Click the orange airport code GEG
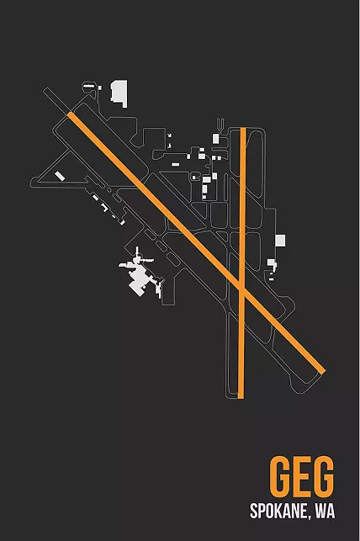point(302,475)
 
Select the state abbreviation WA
point(326,511)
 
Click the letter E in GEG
point(302,475)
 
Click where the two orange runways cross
point(241,288)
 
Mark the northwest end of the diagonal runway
point(70,114)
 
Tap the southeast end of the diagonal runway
point(323,372)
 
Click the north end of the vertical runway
point(243,129)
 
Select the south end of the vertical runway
point(241,397)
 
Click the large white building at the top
point(119,93)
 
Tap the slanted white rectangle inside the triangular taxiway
point(60,176)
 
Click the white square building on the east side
point(280,241)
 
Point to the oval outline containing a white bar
point(89,86)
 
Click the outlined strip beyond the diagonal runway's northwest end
point(56,101)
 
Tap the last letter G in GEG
point(324,475)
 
